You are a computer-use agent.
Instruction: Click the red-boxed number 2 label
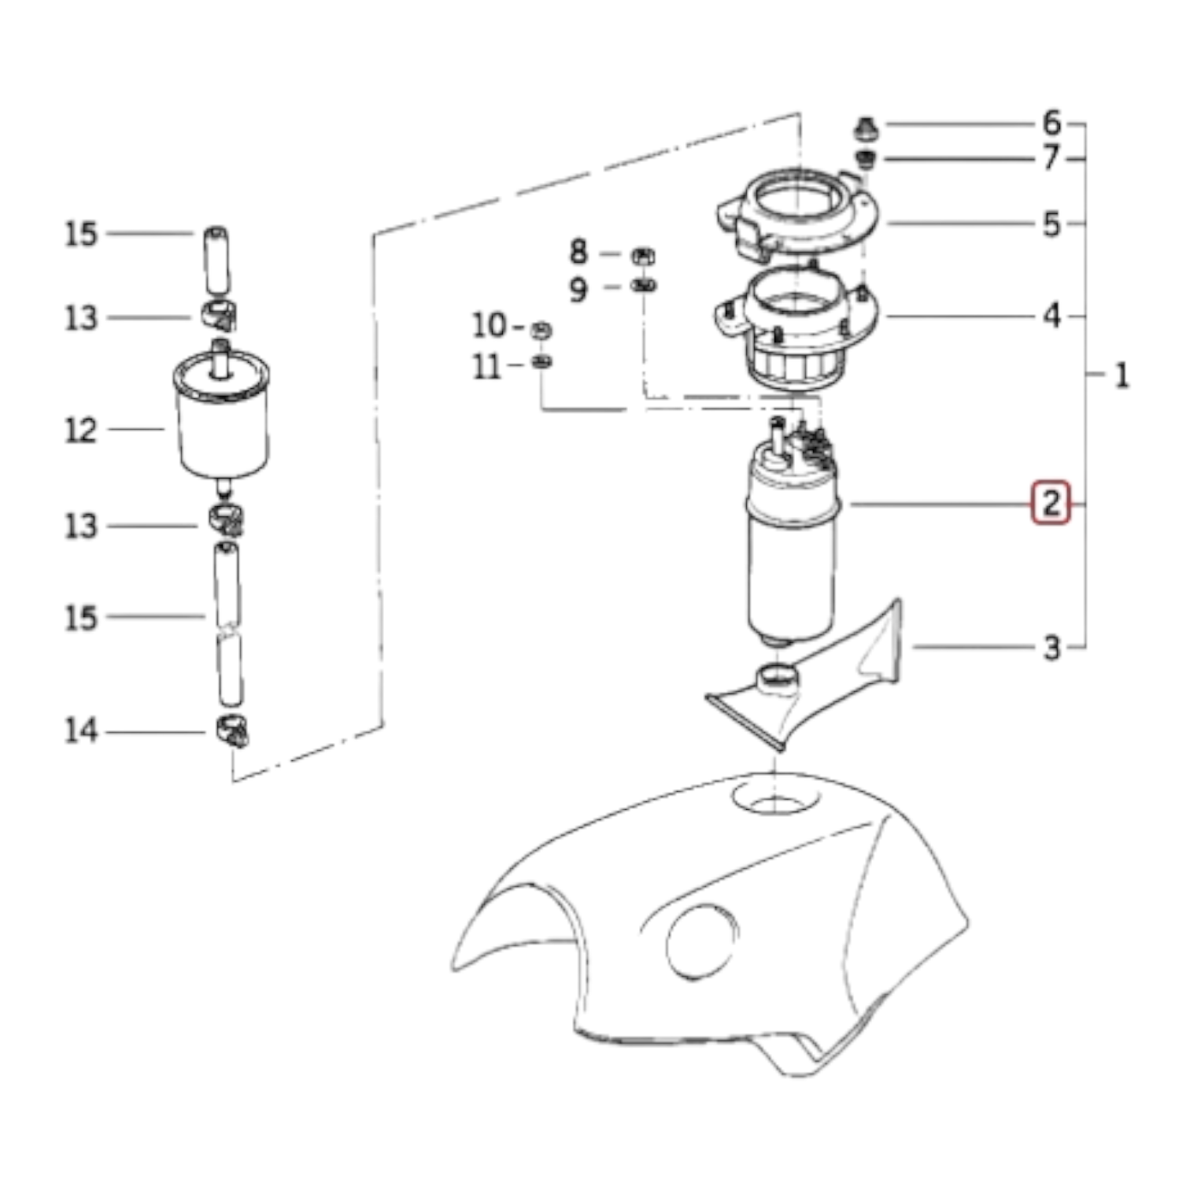pyautogui.click(x=1051, y=503)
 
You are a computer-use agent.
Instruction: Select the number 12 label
pyautogui.click(x=81, y=430)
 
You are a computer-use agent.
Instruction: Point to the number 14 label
pyautogui.click(x=81, y=731)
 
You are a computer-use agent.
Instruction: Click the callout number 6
pyautogui.click(x=1052, y=123)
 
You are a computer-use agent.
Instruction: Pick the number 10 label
pyautogui.click(x=489, y=324)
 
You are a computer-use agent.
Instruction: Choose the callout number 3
pyautogui.click(x=1052, y=648)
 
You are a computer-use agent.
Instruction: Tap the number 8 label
pyautogui.click(x=578, y=252)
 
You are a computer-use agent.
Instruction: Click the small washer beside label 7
pyautogui.click(x=867, y=160)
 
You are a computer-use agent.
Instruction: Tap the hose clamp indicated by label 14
pyautogui.click(x=231, y=731)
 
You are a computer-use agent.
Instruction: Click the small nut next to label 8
pyautogui.click(x=643, y=256)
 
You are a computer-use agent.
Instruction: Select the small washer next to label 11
pyautogui.click(x=542, y=362)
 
